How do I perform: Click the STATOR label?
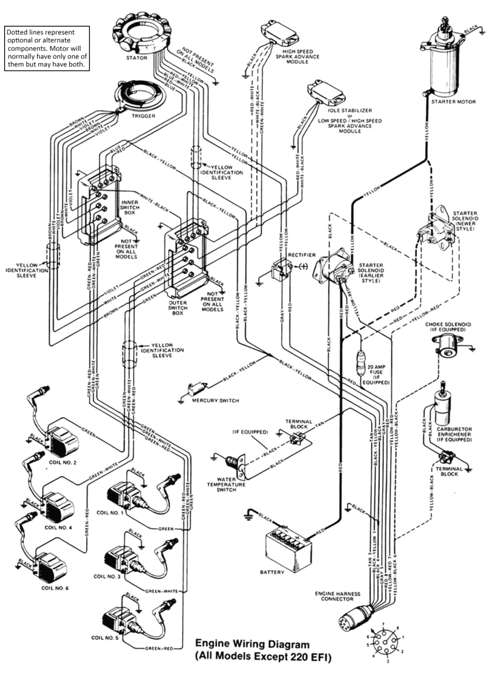(137, 58)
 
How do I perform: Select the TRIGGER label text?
(144, 116)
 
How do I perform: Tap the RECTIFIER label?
(301, 255)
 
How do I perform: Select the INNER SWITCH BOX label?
(130, 207)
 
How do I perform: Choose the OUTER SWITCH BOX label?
(177, 308)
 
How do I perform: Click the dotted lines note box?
(47, 48)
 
